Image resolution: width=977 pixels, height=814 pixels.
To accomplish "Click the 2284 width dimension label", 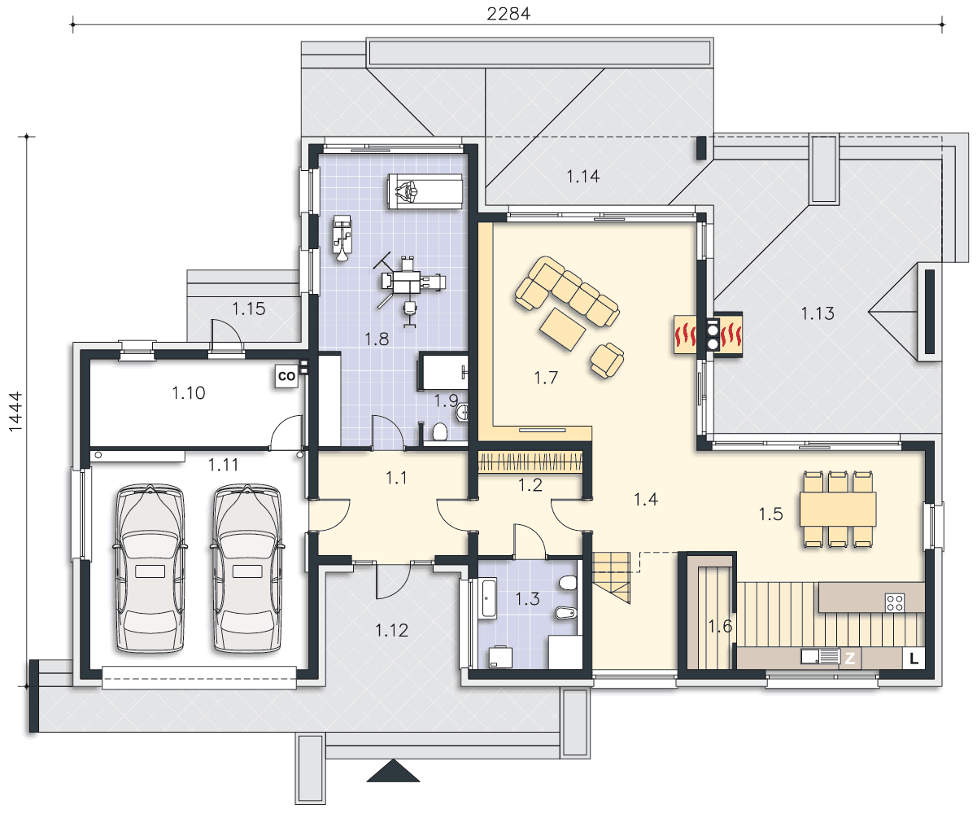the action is [508, 14].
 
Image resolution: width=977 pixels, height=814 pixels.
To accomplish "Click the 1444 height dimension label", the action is [15, 411].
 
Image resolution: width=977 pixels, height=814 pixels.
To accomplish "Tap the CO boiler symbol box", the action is [286, 376].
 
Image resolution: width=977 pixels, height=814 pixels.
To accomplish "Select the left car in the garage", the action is [150, 568].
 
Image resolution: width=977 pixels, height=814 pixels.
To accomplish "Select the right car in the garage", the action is [247, 568].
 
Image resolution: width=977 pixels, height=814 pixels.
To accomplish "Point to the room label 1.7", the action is [546, 378].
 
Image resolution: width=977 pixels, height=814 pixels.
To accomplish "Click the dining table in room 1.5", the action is [838, 509].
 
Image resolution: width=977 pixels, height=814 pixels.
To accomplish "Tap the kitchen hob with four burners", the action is [895, 603].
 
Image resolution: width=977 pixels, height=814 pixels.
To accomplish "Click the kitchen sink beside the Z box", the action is [820, 656].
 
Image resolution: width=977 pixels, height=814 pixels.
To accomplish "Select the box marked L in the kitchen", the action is [914, 659].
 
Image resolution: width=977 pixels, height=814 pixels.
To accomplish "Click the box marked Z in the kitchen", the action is [850, 659].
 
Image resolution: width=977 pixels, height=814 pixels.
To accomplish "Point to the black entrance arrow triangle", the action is [393, 772].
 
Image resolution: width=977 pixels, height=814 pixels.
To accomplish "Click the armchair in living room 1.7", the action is [607, 360].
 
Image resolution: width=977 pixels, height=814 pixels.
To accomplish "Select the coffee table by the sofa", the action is [562, 329].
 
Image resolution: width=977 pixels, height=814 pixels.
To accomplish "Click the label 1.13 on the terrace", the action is [818, 313].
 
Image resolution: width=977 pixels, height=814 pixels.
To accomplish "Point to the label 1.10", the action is [188, 393].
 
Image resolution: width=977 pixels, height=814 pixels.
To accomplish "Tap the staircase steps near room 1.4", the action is [611, 577].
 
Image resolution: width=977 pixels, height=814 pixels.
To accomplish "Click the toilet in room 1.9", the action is [440, 431].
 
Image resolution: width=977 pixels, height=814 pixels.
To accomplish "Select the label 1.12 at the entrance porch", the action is [391, 630].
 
